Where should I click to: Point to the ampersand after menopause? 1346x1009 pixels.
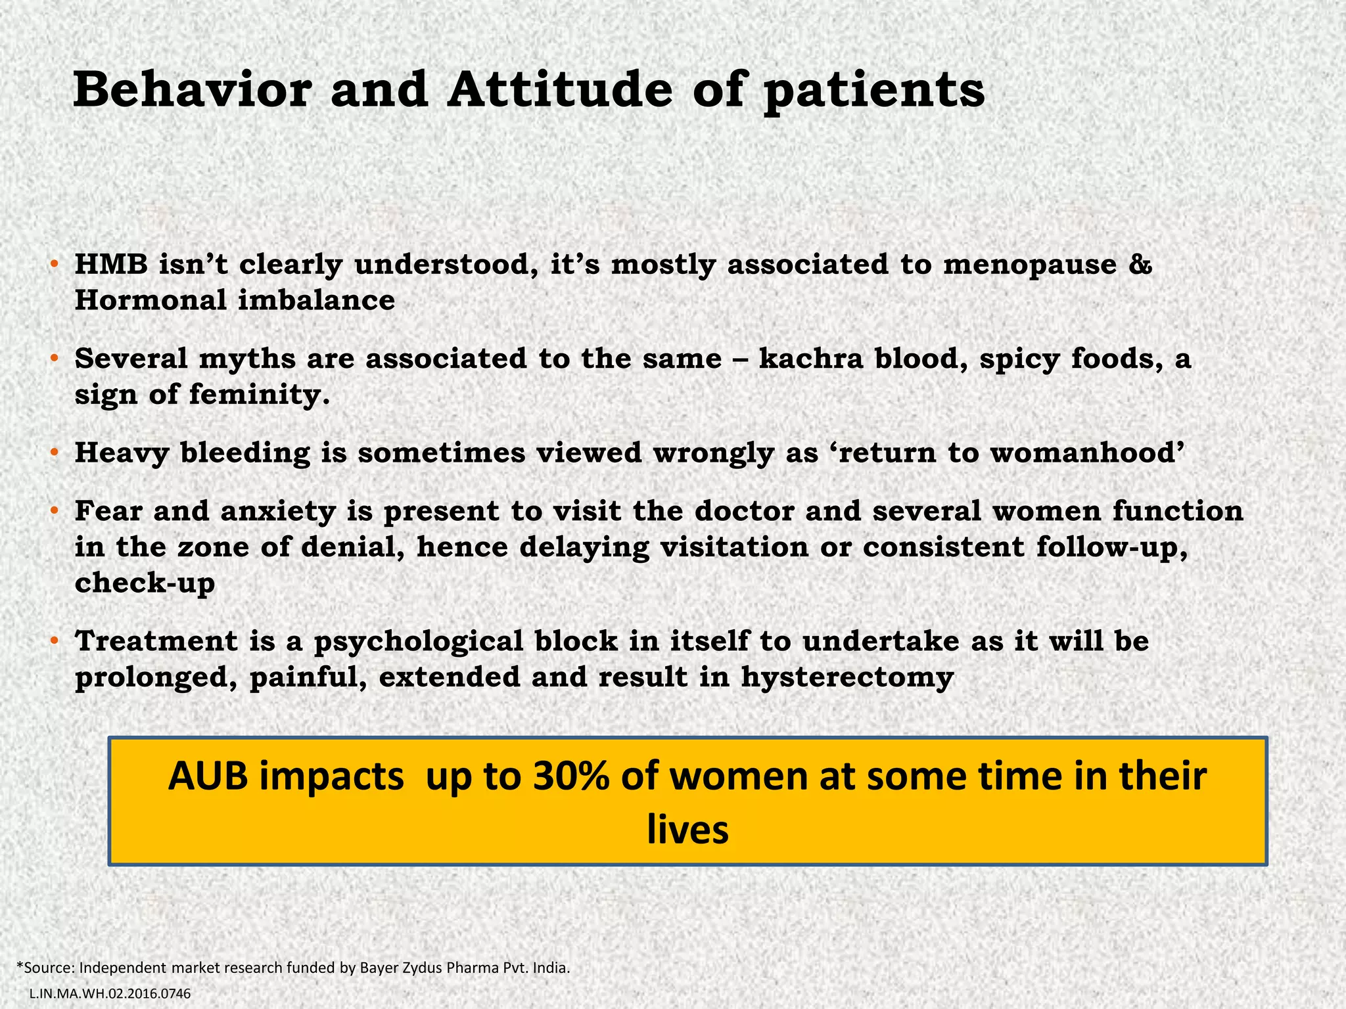tap(1142, 265)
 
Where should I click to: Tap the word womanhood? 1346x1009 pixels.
tap(1088, 453)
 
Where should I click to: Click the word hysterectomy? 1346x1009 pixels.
tap(847, 678)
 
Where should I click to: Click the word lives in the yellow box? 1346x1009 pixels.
tap(687, 829)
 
